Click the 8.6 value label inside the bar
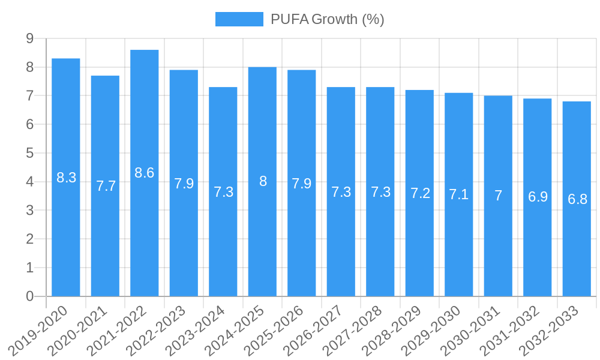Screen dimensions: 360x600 145,173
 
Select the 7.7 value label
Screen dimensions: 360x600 106,186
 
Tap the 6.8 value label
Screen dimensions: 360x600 577,199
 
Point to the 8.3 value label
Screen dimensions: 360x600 66,178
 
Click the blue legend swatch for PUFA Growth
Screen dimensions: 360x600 239,19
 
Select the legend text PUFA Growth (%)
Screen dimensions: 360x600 327,19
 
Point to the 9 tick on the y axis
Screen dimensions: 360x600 30,39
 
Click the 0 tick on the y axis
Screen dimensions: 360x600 30,296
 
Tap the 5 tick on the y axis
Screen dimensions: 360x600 30,154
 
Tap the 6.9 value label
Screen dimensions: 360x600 538,197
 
